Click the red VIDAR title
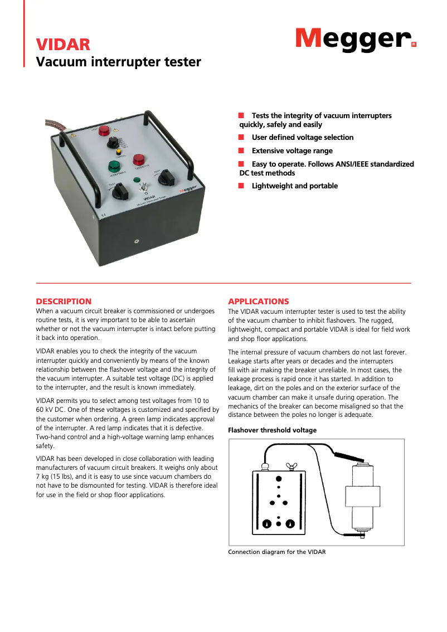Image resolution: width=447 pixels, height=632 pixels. (x=63, y=45)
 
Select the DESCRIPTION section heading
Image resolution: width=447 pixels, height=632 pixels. (x=64, y=302)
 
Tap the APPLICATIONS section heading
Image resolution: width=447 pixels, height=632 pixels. (x=259, y=302)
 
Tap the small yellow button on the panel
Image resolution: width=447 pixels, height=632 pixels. (x=119, y=150)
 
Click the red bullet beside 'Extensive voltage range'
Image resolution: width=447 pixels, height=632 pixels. (x=241, y=151)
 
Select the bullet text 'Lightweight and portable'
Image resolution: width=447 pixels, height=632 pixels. (x=294, y=186)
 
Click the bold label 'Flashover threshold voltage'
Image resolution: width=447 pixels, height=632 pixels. (x=273, y=430)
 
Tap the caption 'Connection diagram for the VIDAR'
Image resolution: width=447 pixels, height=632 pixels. (x=276, y=552)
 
